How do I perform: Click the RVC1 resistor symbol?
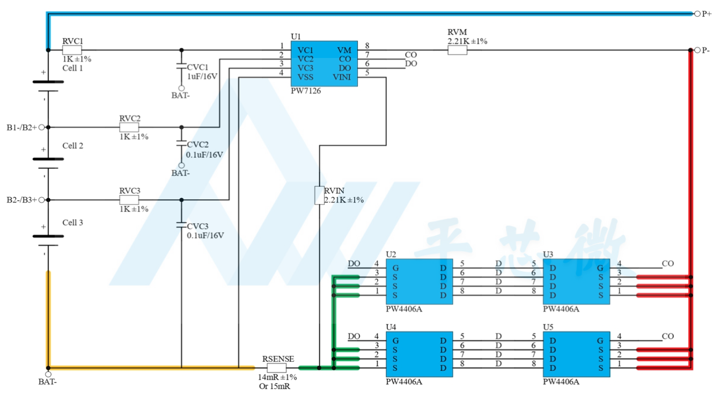pos(72,50)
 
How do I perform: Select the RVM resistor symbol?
pos(458,50)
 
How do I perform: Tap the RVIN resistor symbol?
pos(319,195)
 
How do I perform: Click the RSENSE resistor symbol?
pos(276,368)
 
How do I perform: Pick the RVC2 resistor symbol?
pos(129,127)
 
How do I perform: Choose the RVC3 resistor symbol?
pos(129,200)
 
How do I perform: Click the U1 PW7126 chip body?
pos(324,63)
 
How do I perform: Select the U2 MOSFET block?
pos(419,281)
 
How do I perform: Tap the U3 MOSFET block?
pos(576,281)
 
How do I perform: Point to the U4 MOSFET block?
pos(419,354)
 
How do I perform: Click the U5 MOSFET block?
pos(576,354)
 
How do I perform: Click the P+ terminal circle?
pos(697,14)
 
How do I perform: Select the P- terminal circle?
pos(697,50)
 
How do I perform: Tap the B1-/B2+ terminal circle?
pos(41,127)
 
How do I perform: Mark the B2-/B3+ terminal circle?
pos(41,200)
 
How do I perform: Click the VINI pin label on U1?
pos(342,77)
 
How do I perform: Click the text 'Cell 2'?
pos(72,145)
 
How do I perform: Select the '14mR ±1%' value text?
pos(277,377)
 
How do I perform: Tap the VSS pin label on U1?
pos(305,77)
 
